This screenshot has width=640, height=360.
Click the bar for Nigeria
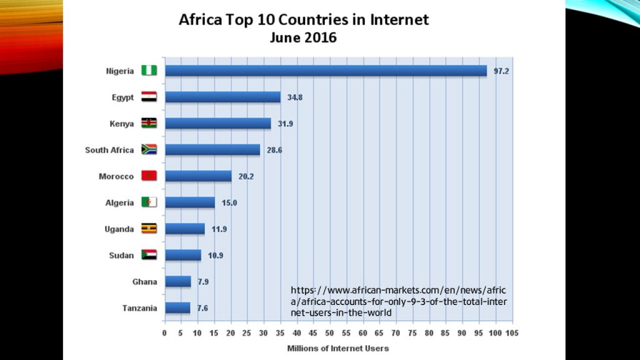(x=325, y=71)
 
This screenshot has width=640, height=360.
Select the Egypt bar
(x=222, y=97)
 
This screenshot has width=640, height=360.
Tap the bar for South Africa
(x=212, y=150)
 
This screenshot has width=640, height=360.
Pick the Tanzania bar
(x=177, y=307)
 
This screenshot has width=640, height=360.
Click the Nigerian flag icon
(x=149, y=71)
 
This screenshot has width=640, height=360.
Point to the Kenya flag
(x=149, y=123)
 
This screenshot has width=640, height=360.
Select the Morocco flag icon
(x=149, y=176)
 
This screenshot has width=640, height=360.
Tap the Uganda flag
(x=149, y=229)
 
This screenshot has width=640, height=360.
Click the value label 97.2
(x=501, y=71)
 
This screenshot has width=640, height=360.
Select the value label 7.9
(x=202, y=282)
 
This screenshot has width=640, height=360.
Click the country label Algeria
(x=119, y=202)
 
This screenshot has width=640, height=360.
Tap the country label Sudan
(x=121, y=255)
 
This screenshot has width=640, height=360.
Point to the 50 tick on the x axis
(x=330, y=332)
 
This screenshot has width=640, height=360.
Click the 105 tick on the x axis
(x=512, y=332)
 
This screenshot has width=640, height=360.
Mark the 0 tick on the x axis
(x=164, y=332)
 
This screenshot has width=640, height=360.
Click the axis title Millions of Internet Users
(x=337, y=348)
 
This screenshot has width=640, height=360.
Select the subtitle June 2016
(x=303, y=37)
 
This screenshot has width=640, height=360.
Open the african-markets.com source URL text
(x=399, y=301)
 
